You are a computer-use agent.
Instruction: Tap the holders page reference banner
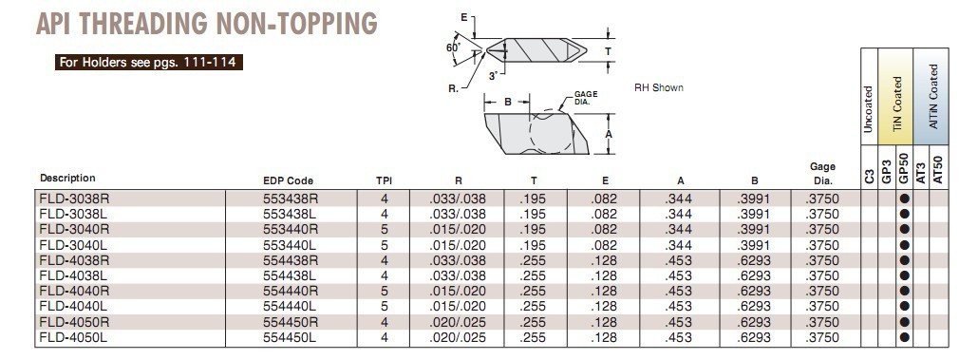tap(148, 63)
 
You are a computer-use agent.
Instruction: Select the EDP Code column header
tap(288, 180)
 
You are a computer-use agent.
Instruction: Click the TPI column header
tap(384, 180)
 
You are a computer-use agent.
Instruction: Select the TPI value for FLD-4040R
tap(385, 291)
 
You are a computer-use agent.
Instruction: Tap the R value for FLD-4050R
tap(457, 322)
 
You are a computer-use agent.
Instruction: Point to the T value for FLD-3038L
tap(533, 214)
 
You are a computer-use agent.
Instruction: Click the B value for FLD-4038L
tap(754, 275)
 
